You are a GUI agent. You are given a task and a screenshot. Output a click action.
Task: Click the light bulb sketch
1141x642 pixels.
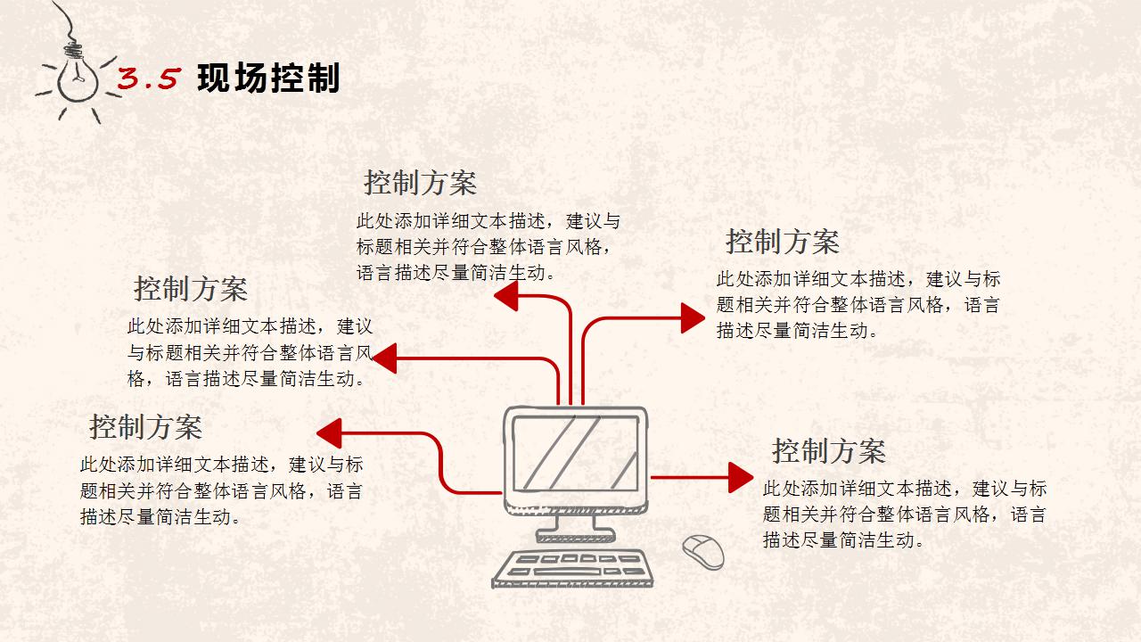[x=77, y=78]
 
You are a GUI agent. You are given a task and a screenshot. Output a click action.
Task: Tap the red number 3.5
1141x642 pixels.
[x=149, y=80]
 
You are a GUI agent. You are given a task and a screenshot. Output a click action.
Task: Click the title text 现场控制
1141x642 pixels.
[x=268, y=79]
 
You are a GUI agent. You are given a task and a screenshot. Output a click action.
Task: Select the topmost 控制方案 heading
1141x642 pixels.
[x=420, y=184]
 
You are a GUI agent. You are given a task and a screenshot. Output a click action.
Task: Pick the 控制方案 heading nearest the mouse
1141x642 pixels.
[x=828, y=451]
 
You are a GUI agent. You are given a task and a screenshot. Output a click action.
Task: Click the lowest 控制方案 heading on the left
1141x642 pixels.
[x=145, y=427]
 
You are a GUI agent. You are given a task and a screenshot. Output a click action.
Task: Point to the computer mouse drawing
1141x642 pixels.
[x=703, y=552]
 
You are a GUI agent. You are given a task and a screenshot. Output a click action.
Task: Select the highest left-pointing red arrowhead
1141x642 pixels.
[x=506, y=296]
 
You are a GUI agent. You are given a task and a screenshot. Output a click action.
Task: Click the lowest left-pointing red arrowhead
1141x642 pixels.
[x=330, y=432]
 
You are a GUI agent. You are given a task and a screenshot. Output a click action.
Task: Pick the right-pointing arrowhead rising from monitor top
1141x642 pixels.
[x=693, y=317]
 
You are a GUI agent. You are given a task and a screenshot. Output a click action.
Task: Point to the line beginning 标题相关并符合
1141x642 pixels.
[x=485, y=247]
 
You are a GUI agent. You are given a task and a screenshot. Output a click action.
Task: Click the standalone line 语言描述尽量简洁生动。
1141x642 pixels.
[x=456, y=273]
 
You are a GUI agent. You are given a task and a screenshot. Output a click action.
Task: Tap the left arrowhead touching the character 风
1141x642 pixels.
[x=384, y=358]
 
